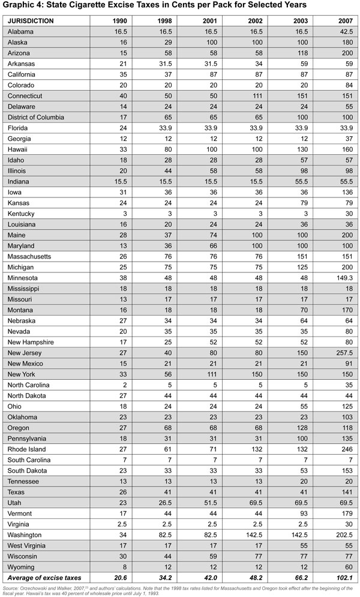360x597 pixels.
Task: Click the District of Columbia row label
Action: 36,117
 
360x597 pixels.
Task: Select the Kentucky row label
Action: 22,213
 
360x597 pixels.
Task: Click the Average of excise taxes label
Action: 41,577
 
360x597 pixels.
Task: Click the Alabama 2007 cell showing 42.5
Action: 346,31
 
